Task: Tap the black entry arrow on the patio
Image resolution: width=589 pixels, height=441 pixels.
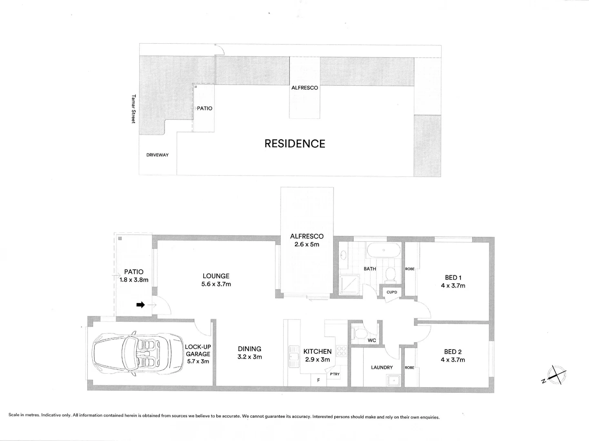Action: point(140,305)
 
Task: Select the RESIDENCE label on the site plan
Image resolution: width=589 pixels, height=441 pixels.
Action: point(295,144)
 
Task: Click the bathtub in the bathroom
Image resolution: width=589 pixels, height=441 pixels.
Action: point(383,250)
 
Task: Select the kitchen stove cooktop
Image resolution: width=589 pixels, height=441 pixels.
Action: point(341,352)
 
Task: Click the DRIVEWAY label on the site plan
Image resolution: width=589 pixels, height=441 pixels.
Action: point(158,155)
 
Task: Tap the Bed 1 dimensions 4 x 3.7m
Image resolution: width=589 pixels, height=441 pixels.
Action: point(453,286)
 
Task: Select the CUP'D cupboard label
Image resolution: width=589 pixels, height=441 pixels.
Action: point(392,292)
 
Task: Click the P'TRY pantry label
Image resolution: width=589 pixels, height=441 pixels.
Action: point(335,374)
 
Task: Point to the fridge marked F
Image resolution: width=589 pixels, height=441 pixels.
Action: point(318,381)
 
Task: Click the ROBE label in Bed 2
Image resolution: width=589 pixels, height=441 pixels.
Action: point(409,367)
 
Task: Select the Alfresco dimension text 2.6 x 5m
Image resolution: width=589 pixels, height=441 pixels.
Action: point(307,245)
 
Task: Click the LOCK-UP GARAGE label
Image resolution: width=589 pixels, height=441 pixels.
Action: point(198,350)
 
